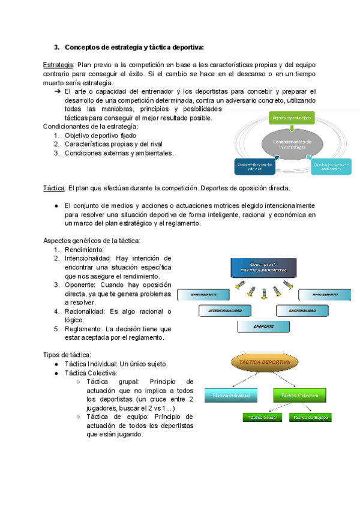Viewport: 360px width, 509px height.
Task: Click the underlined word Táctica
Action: pos(54,188)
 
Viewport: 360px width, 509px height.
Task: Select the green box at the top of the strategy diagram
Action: pos(292,118)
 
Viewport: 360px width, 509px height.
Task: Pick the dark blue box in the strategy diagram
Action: pos(254,166)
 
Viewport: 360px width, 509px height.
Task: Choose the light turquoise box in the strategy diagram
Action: pos(331,166)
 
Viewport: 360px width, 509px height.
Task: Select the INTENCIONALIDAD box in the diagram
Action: pos(224,311)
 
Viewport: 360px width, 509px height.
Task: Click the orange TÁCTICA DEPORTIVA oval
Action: pos(265,364)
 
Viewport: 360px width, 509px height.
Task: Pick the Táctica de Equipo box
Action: pos(310,417)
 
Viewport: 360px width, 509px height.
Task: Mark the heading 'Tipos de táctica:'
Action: pos(67,355)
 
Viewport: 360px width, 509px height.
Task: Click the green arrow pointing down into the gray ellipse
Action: pos(290,127)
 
